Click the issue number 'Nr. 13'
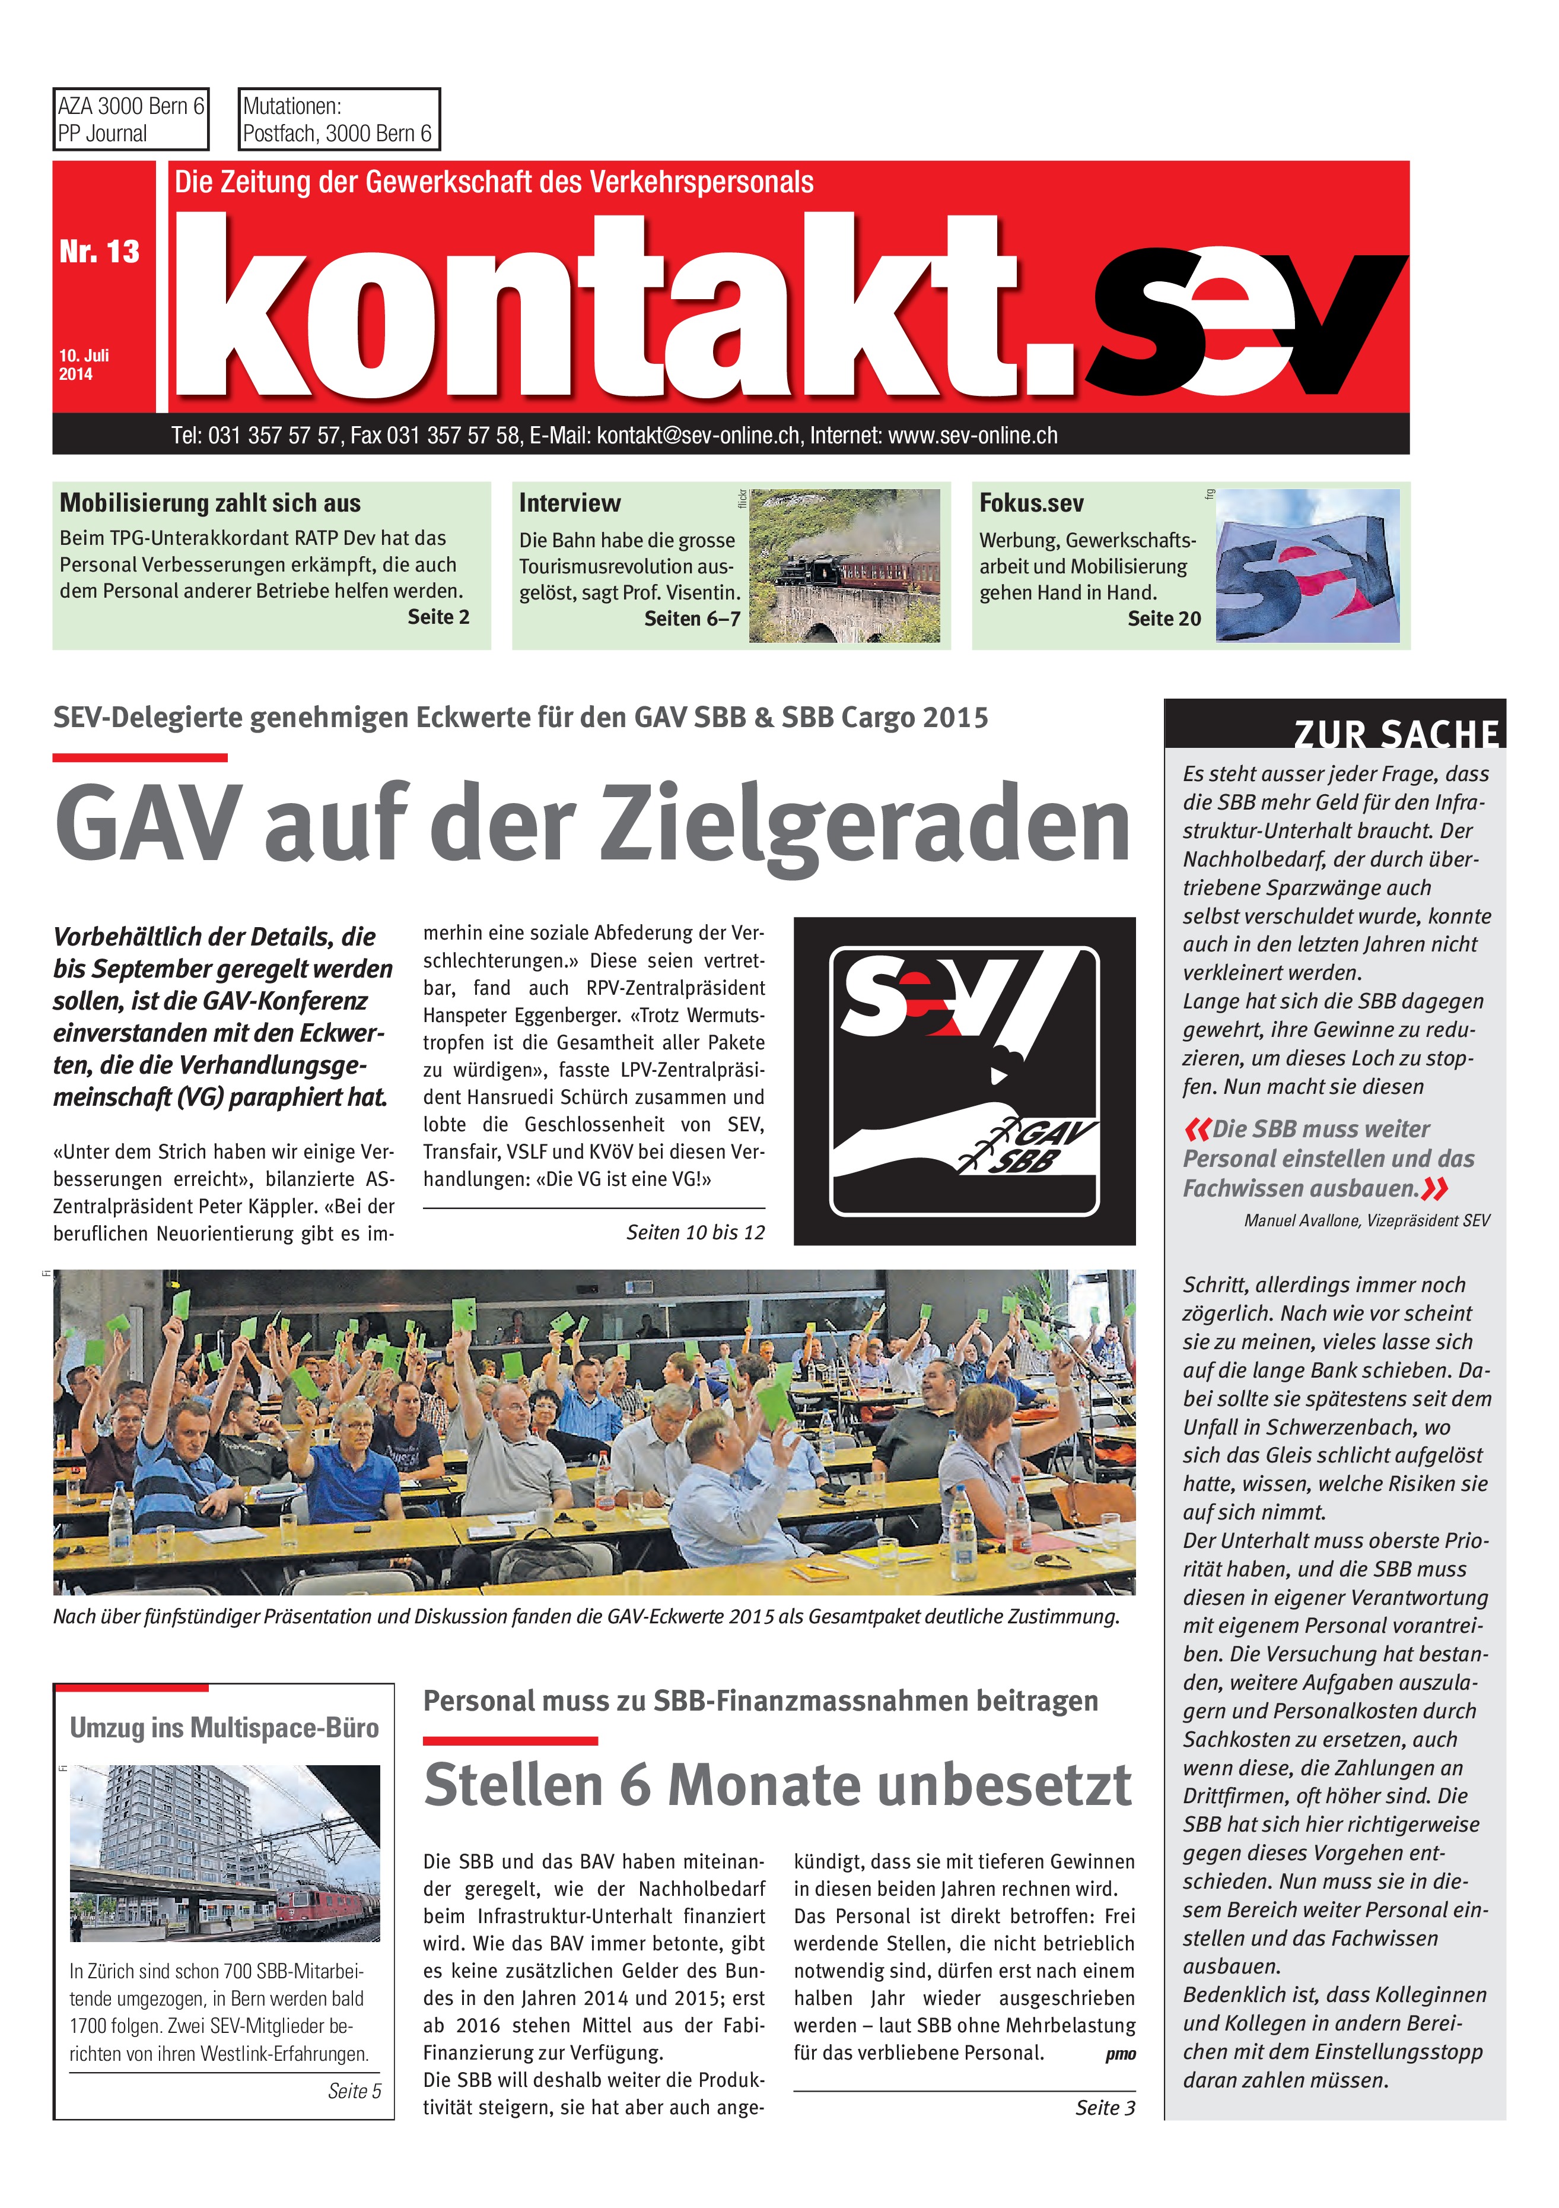(x=99, y=252)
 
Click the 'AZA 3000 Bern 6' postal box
(x=131, y=119)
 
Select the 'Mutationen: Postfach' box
(x=338, y=119)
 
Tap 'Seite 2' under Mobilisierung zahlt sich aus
(x=438, y=617)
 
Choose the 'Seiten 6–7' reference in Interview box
(x=692, y=618)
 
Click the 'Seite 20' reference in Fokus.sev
(x=1164, y=618)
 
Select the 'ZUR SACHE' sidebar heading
(x=1396, y=735)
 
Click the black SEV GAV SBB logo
(x=964, y=1081)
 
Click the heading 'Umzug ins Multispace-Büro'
(x=224, y=1728)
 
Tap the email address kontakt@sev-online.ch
(x=698, y=436)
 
